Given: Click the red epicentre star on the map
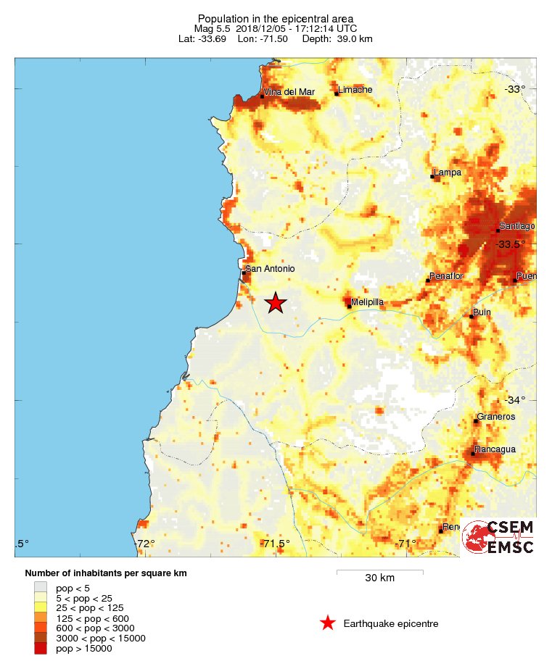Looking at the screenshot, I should click(x=275, y=303).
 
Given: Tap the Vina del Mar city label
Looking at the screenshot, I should click(x=288, y=92).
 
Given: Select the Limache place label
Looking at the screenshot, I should click(x=355, y=90).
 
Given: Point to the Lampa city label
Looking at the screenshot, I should click(x=448, y=173).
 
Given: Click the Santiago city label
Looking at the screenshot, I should click(x=517, y=227).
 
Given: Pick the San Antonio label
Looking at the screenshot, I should click(x=271, y=269).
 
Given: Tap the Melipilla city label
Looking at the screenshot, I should click(x=367, y=302).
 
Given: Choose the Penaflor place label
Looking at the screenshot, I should click(x=446, y=277).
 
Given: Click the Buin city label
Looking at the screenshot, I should click(x=482, y=312).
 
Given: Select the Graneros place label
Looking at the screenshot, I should click(x=495, y=417).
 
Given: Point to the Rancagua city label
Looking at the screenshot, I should click(x=495, y=449).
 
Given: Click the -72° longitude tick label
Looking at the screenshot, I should click(x=144, y=544).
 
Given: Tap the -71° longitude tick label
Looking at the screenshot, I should click(x=405, y=544).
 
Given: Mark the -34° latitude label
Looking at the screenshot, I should click(x=515, y=400).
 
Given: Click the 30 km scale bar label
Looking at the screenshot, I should click(x=379, y=578).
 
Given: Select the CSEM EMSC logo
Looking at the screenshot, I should click(x=498, y=537).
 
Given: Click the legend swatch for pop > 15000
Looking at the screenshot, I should click(x=41, y=649).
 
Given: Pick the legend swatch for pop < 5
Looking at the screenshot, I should click(x=41, y=588).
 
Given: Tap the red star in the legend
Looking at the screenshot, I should click(x=328, y=623).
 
